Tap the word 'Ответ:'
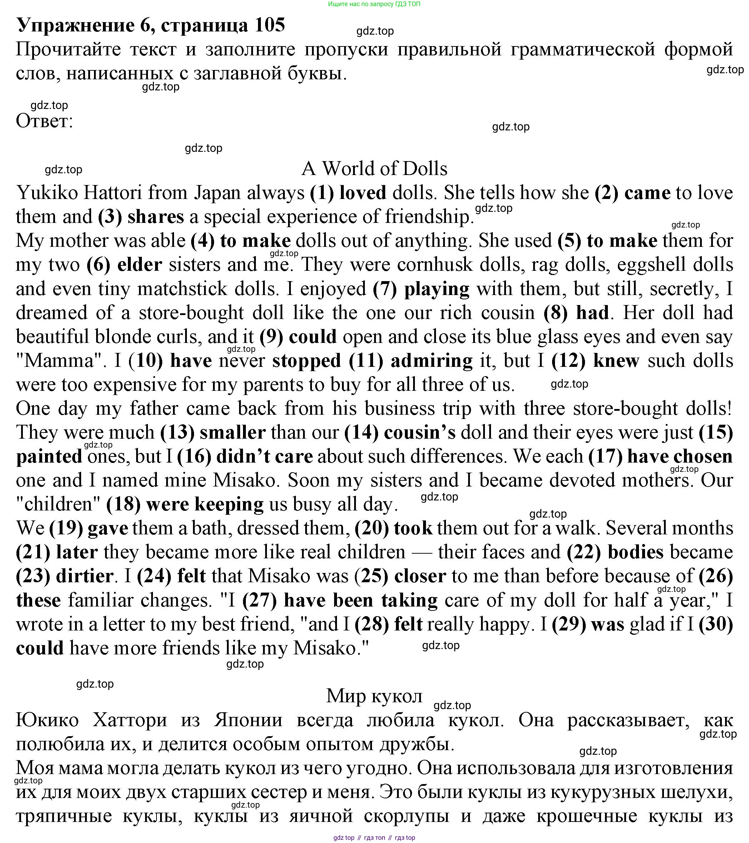coord(45,121)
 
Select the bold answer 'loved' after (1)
coord(363,193)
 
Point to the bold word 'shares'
coord(155,217)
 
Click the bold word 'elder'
coord(139,265)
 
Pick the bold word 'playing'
coord(437,289)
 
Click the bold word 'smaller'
coord(232,433)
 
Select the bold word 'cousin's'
coord(420,433)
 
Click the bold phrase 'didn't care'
coord(264,457)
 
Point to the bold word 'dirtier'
coord(85,576)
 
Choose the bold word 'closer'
coord(420,576)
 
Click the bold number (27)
coord(259,600)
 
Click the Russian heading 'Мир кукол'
coord(374,696)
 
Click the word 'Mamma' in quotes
coord(59,361)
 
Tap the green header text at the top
coord(374,4)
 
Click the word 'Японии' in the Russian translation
coord(248,720)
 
